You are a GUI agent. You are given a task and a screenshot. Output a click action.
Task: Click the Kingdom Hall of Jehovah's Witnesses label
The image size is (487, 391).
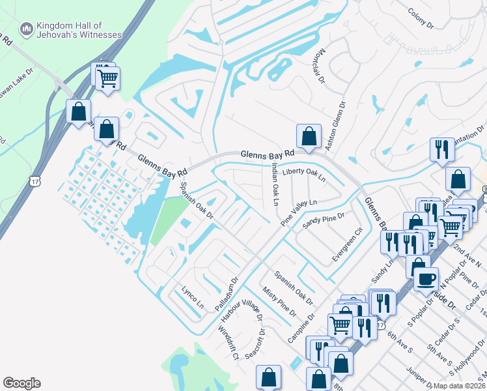point(70,29)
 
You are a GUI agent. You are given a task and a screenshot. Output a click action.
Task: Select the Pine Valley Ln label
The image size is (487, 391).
point(299,212)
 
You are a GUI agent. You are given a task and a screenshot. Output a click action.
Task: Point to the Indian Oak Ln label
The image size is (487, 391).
point(274,184)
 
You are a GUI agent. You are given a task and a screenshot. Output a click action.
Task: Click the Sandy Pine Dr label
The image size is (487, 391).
point(324,220)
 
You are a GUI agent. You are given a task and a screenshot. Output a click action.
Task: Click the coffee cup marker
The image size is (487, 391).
point(426,279)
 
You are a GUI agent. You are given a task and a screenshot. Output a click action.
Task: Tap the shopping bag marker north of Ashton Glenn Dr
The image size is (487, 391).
point(309,137)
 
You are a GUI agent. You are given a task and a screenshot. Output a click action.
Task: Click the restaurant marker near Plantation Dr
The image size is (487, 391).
point(442,150)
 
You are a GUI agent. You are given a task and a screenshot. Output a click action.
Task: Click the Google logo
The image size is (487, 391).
point(21,383)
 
